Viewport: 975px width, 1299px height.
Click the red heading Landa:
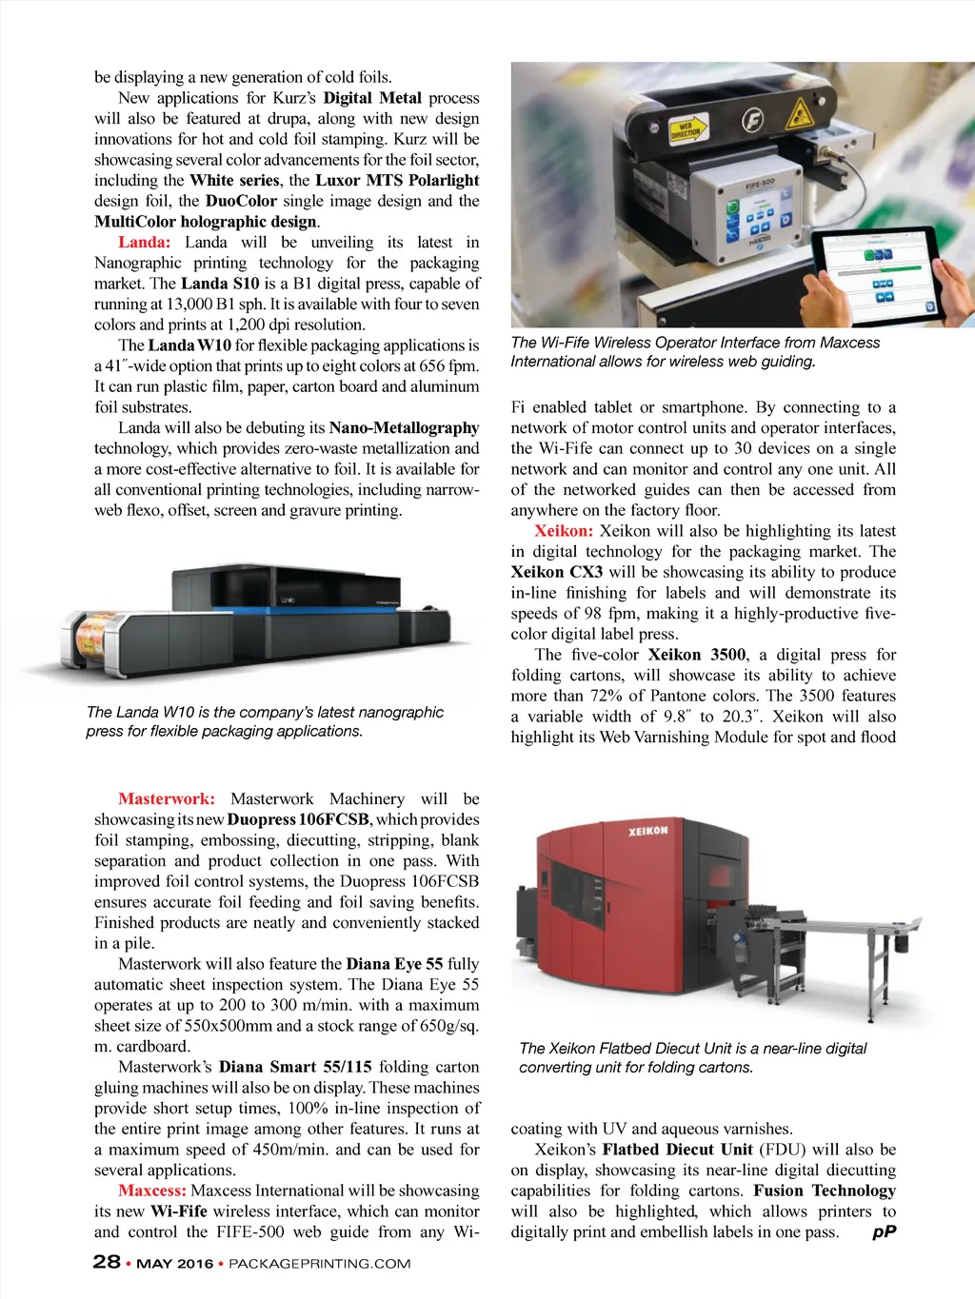(144, 243)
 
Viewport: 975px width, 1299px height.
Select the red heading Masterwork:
(166, 799)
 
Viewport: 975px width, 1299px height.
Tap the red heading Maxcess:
(151, 1191)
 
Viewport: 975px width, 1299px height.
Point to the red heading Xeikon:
(564, 531)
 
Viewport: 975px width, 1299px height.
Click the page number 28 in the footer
(106, 1262)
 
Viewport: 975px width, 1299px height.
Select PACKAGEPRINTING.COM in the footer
(320, 1264)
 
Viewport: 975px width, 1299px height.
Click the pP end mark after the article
(885, 1232)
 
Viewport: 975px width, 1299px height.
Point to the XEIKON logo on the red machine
(647, 831)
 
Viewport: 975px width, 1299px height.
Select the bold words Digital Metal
(372, 98)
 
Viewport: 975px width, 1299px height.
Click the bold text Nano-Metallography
(404, 428)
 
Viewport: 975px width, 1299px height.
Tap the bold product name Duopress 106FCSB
(298, 820)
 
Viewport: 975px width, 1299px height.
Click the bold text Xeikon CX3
(557, 572)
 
